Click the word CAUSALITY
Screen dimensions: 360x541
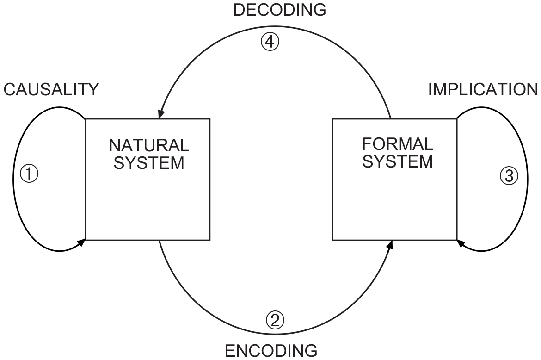pos(51,89)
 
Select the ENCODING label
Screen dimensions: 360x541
pos(271,350)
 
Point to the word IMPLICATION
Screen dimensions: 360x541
pos(483,89)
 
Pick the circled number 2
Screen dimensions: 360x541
pos(275,319)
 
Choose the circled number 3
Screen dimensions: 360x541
pos(508,175)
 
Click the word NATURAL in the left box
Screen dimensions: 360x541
pos(149,146)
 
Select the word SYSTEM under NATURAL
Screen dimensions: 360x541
pos(149,163)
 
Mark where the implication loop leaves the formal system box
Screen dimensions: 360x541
pos(457,119)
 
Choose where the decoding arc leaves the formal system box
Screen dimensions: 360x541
pos(391,119)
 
